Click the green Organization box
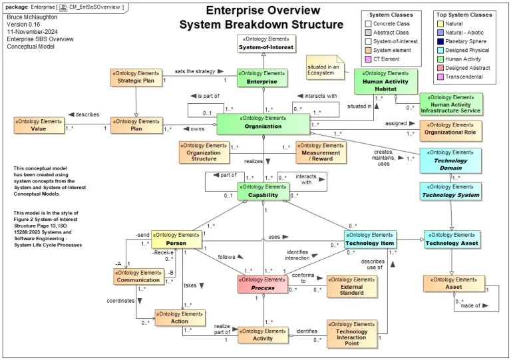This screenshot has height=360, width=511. point(263,123)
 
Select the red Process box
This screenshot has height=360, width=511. point(264,284)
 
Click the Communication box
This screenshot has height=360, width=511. point(138,277)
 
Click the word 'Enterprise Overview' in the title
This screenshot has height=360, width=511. point(261,11)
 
